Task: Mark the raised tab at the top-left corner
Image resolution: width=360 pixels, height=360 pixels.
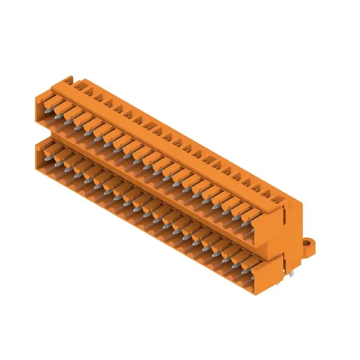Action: pos(67,80)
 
